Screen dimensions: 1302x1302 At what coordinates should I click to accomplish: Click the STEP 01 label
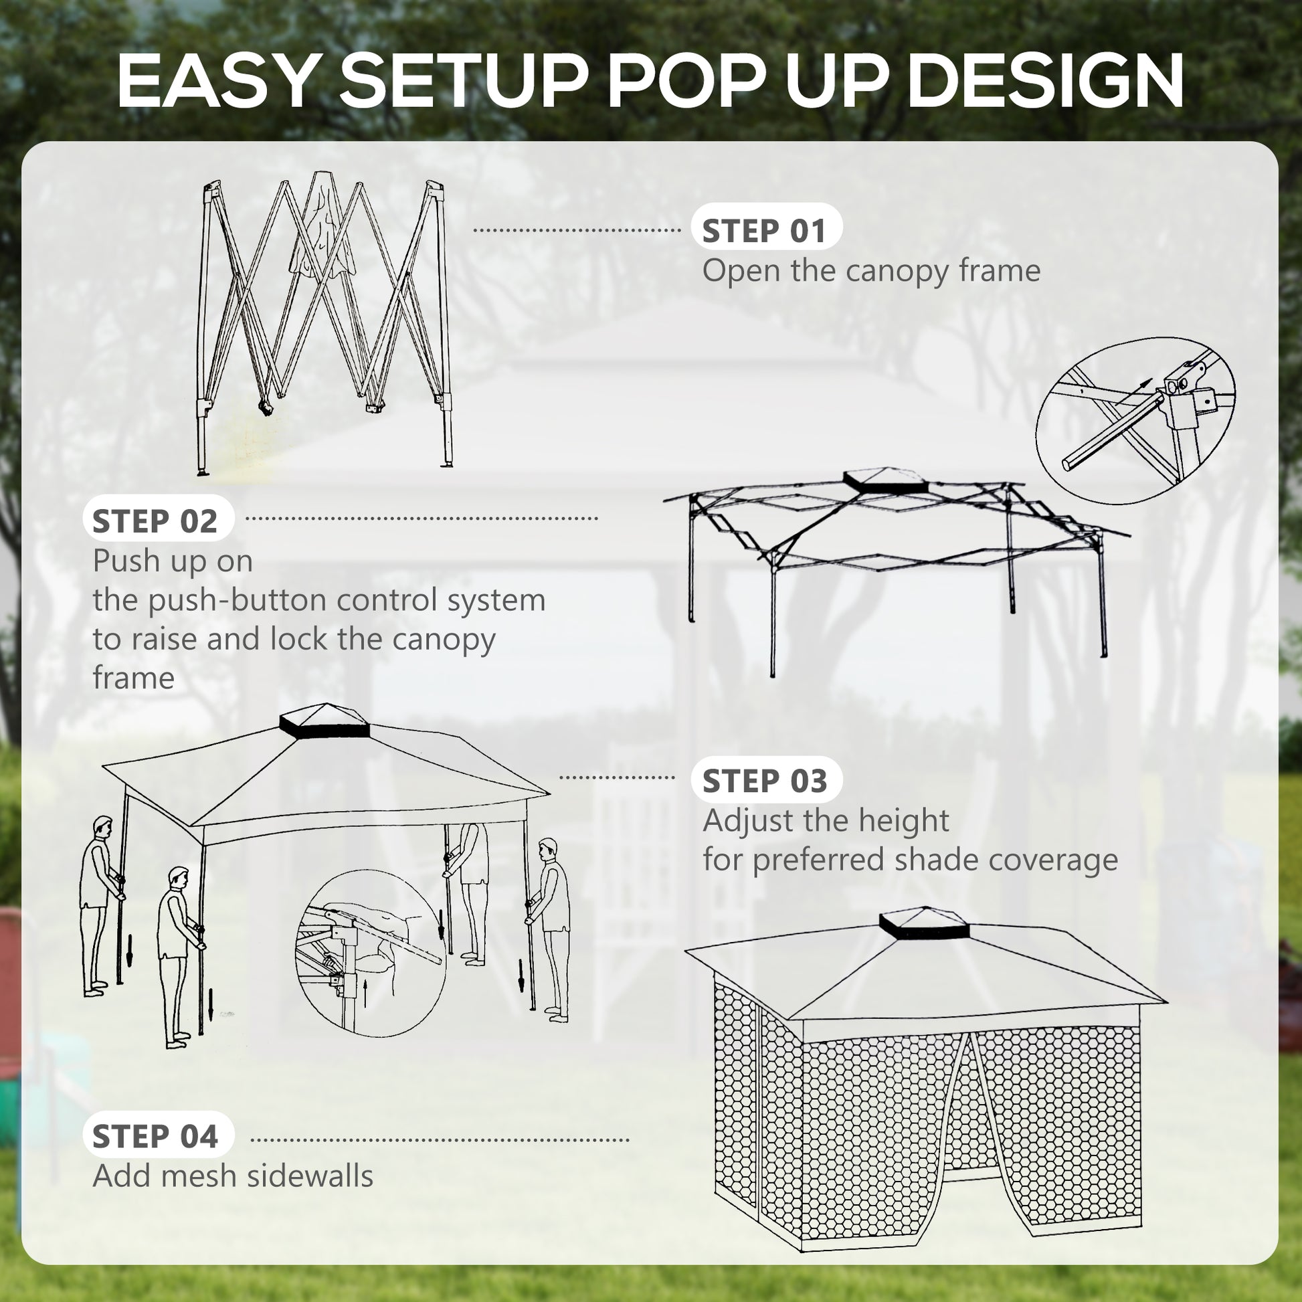tap(765, 231)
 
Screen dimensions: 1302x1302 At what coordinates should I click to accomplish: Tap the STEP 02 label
tap(156, 522)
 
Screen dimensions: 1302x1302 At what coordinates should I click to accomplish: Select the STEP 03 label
tap(765, 781)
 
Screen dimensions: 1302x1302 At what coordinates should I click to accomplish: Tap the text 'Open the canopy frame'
tap(870, 271)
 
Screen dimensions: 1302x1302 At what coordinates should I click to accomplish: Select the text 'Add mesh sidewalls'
tap(233, 1176)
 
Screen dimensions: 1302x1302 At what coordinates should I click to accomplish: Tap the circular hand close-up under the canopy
tap(371, 952)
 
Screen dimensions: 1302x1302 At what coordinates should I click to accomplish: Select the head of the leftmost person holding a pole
tap(102, 825)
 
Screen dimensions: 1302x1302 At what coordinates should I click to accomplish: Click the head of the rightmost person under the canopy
tap(549, 848)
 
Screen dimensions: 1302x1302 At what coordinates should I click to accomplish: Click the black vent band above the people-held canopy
tap(324, 729)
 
